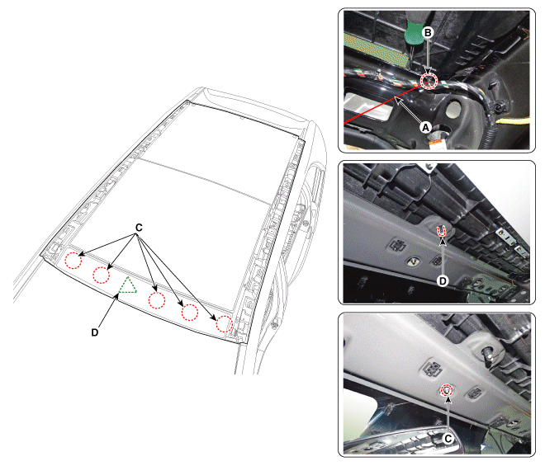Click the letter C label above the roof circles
point(139,228)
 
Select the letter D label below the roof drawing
point(95,332)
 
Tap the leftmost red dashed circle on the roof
point(73,260)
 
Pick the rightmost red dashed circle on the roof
point(224,323)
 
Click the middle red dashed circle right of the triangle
point(157,300)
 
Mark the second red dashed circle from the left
point(101,275)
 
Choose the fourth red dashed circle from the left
point(190,312)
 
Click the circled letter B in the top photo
point(428,32)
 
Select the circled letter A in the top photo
point(425,128)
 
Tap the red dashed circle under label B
point(429,81)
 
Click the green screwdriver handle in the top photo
point(414,32)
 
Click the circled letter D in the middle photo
point(443,281)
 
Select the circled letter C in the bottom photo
point(448,439)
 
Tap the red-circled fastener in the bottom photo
point(447,391)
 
